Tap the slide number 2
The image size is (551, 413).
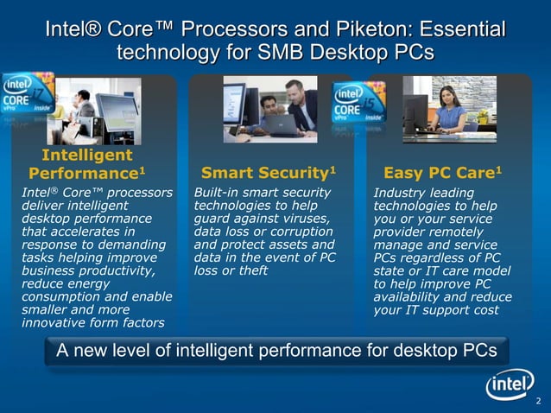coord(538,400)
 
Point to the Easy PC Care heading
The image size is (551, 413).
coord(442,172)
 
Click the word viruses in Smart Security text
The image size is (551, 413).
coord(308,219)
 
